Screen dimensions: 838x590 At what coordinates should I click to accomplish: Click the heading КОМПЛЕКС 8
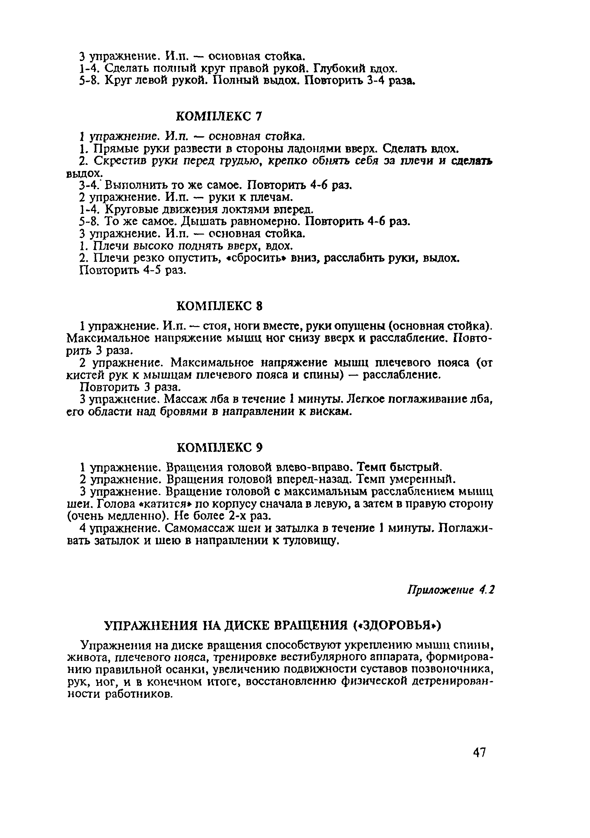pyautogui.click(x=219, y=306)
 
